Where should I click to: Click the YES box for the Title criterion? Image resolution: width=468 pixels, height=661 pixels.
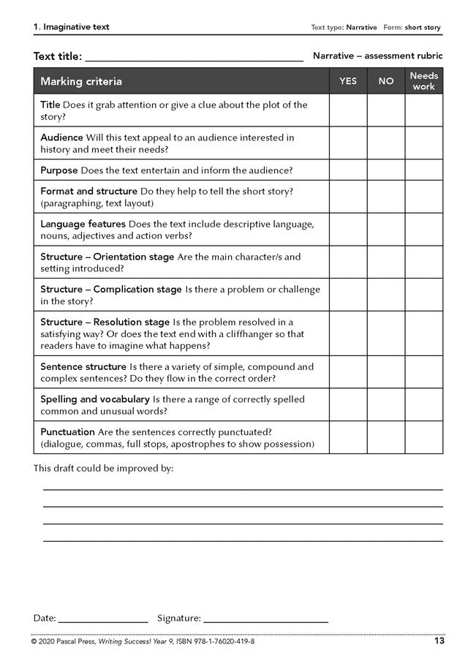click(x=348, y=110)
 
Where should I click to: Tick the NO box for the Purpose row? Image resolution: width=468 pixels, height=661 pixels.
click(x=386, y=170)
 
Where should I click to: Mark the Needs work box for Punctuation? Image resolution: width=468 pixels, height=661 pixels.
click(x=424, y=437)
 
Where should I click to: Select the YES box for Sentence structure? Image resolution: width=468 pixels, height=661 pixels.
click(x=348, y=372)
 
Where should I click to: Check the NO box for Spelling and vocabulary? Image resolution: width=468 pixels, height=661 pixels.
click(x=386, y=405)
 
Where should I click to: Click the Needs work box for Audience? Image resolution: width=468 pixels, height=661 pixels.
click(x=424, y=143)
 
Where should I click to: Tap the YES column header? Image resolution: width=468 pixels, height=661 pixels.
click(x=348, y=81)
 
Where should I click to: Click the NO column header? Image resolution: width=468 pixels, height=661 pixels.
click(x=386, y=81)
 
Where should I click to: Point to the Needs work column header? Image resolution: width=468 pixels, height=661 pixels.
click(x=424, y=81)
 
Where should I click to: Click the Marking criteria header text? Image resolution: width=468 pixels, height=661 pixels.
click(x=81, y=81)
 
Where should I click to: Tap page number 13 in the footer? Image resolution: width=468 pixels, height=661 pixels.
click(x=439, y=641)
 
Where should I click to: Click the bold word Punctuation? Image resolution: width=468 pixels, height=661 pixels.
click(x=67, y=431)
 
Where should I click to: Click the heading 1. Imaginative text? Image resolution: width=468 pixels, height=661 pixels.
click(x=71, y=27)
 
